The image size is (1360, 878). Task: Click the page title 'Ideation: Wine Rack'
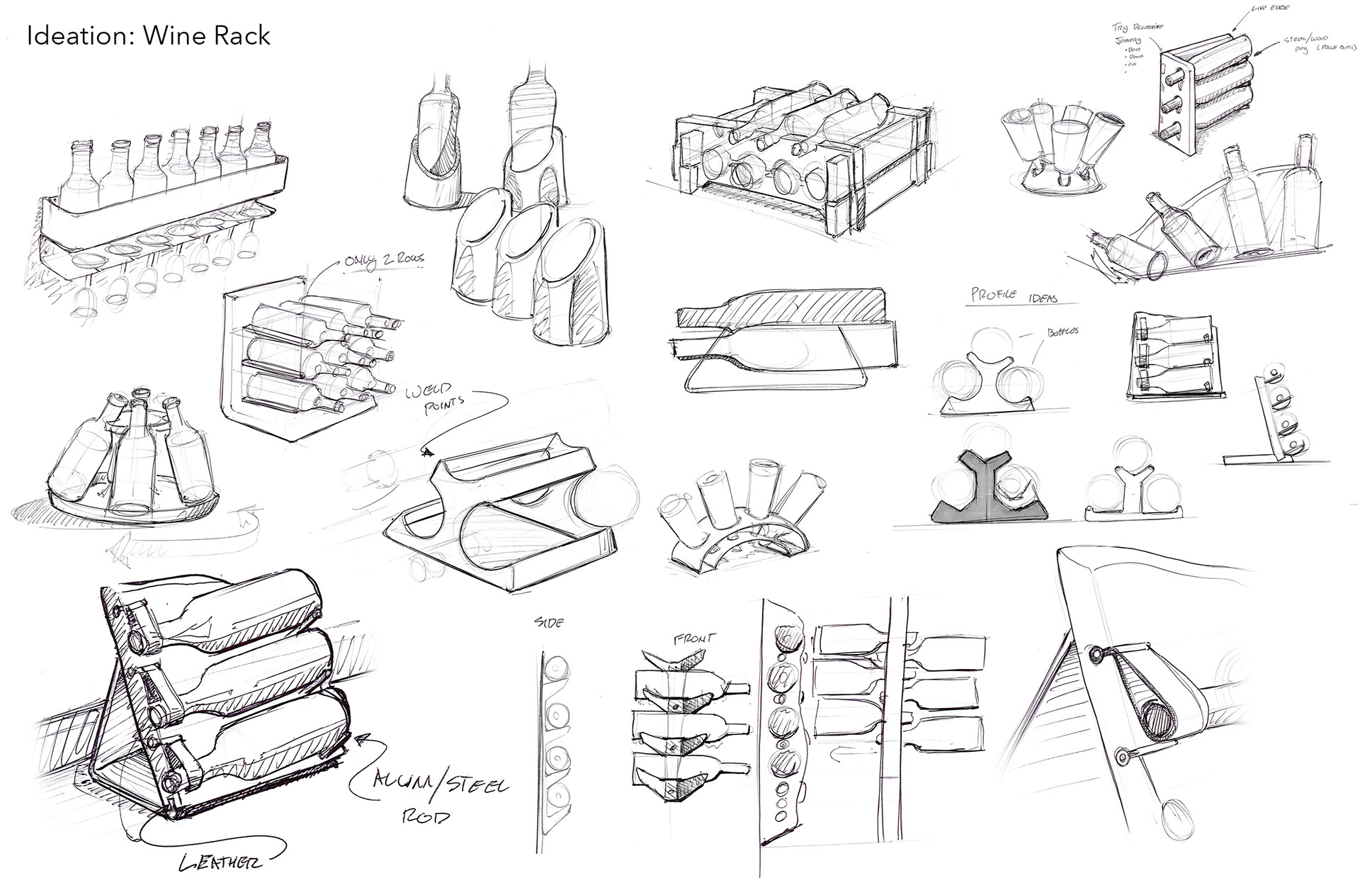pyautogui.click(x=149, y=35)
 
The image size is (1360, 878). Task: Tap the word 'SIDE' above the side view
pyautogui.click(x=549, y=623)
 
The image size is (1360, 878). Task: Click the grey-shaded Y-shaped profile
pyautogui.click(x=985, y=489)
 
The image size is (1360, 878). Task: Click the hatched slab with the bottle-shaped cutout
pyautogui.click(x=779, y=308)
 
